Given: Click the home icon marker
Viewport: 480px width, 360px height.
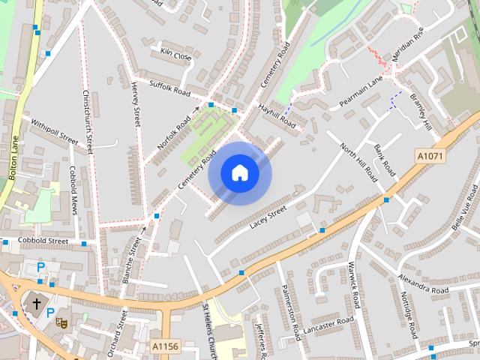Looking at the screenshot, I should [x=239, y=173].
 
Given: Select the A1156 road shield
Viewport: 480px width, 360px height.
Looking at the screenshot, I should [x=166, y=346].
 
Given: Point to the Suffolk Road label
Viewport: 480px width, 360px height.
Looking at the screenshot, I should [x=170, y=89].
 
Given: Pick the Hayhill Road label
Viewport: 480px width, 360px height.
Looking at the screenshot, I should [x=277, y=114].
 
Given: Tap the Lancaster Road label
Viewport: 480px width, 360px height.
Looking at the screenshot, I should [x=330, y=322].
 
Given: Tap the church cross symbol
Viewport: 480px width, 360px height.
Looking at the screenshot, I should [x=35, y=304].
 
